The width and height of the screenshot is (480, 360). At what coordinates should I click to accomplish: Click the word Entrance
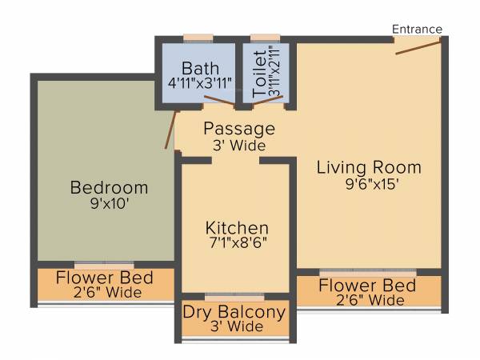point(417,30)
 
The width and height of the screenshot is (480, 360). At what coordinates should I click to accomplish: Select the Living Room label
point(369,167)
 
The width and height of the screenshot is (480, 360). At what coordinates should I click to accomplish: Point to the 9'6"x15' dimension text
point(369,183)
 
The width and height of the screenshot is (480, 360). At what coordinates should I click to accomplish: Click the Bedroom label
point(110,188)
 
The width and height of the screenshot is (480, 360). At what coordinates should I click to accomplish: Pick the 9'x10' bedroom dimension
point(110,203)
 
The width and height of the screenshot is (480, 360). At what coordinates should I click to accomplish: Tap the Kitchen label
point(235,227)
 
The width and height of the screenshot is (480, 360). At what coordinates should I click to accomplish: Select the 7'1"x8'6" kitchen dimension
point(235,242)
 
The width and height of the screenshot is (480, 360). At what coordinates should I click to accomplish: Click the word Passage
point(238,129)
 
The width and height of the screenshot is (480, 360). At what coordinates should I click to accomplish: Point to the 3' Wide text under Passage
point(238,146)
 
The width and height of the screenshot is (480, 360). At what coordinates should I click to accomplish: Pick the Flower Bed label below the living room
point(367,286)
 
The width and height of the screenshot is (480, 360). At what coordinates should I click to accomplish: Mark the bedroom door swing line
point(170,130)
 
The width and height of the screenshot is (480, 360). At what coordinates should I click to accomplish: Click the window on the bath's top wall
point(198,37)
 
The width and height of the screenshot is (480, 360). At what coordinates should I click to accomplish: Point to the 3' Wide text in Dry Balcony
point(234,327)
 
